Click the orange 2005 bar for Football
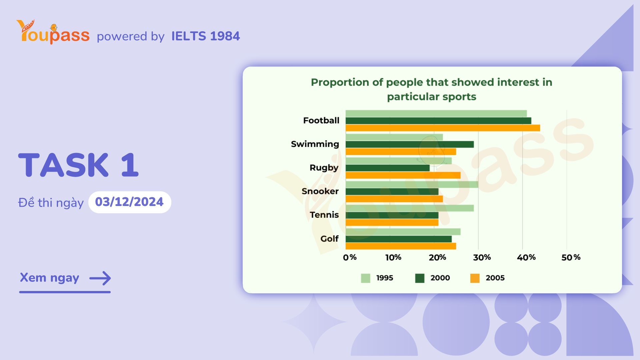[x=443, y=128]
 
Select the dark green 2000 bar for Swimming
[x=409, y=144]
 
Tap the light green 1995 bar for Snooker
[x=412, y=184]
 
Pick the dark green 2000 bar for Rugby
[x=387, y=168]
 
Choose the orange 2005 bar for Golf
[x=401, y=246]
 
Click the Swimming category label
[x=315, y=144]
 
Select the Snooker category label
[x=320, y=191]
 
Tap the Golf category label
[x=329, y=239]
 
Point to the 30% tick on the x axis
[x=482, y=257]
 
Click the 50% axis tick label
[x=571, y=257]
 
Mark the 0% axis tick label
[x=350, y=257]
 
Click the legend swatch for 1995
[x=366, y=278]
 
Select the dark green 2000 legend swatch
[x=420, y=278]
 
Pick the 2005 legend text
[x=495, y=278]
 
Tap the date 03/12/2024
[x=129, y=202]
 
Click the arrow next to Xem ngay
[x=100, y=278]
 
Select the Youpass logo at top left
[x=53, y=32]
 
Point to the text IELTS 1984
[x=205, y=36]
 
